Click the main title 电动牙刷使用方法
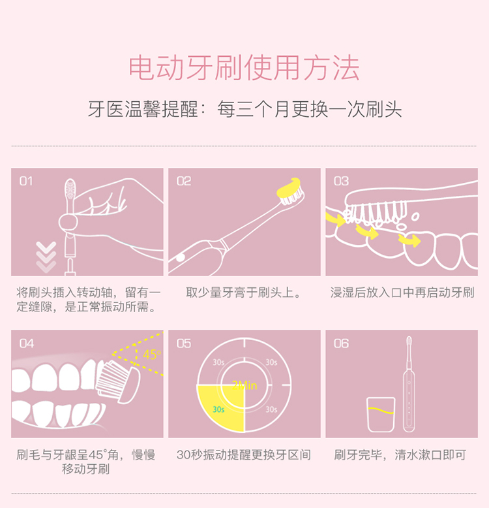coord(244,68)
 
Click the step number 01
coord(26,181)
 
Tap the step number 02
coord(184,181)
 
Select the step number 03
coord(341,181)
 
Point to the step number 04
coord(27,343)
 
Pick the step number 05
coord(184,343)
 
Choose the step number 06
coord(341,343)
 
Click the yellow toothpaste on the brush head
coord(289,188)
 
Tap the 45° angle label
coord(152,355)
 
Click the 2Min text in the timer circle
coord(244,385)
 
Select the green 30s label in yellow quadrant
coord(218,409)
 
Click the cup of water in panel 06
coord(381,415)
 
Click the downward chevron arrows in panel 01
coord(46,257)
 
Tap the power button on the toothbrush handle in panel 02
coord(180,258)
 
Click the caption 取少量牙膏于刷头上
coord(244,293)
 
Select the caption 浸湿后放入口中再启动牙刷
coord(402,293)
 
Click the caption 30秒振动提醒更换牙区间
coord(244,455)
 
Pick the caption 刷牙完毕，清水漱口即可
coord(400,455)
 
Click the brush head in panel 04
coord(119,381)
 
